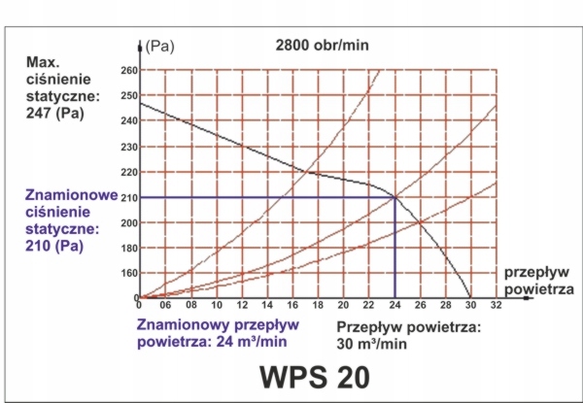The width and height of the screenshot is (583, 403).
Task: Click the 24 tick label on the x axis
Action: [394, 305]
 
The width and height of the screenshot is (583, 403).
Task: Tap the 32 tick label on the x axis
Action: [497, 305]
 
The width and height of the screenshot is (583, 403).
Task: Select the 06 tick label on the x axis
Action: [165, 305]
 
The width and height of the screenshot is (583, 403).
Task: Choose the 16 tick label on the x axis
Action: [292, 305]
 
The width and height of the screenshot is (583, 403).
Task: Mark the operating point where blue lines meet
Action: [394, 197]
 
